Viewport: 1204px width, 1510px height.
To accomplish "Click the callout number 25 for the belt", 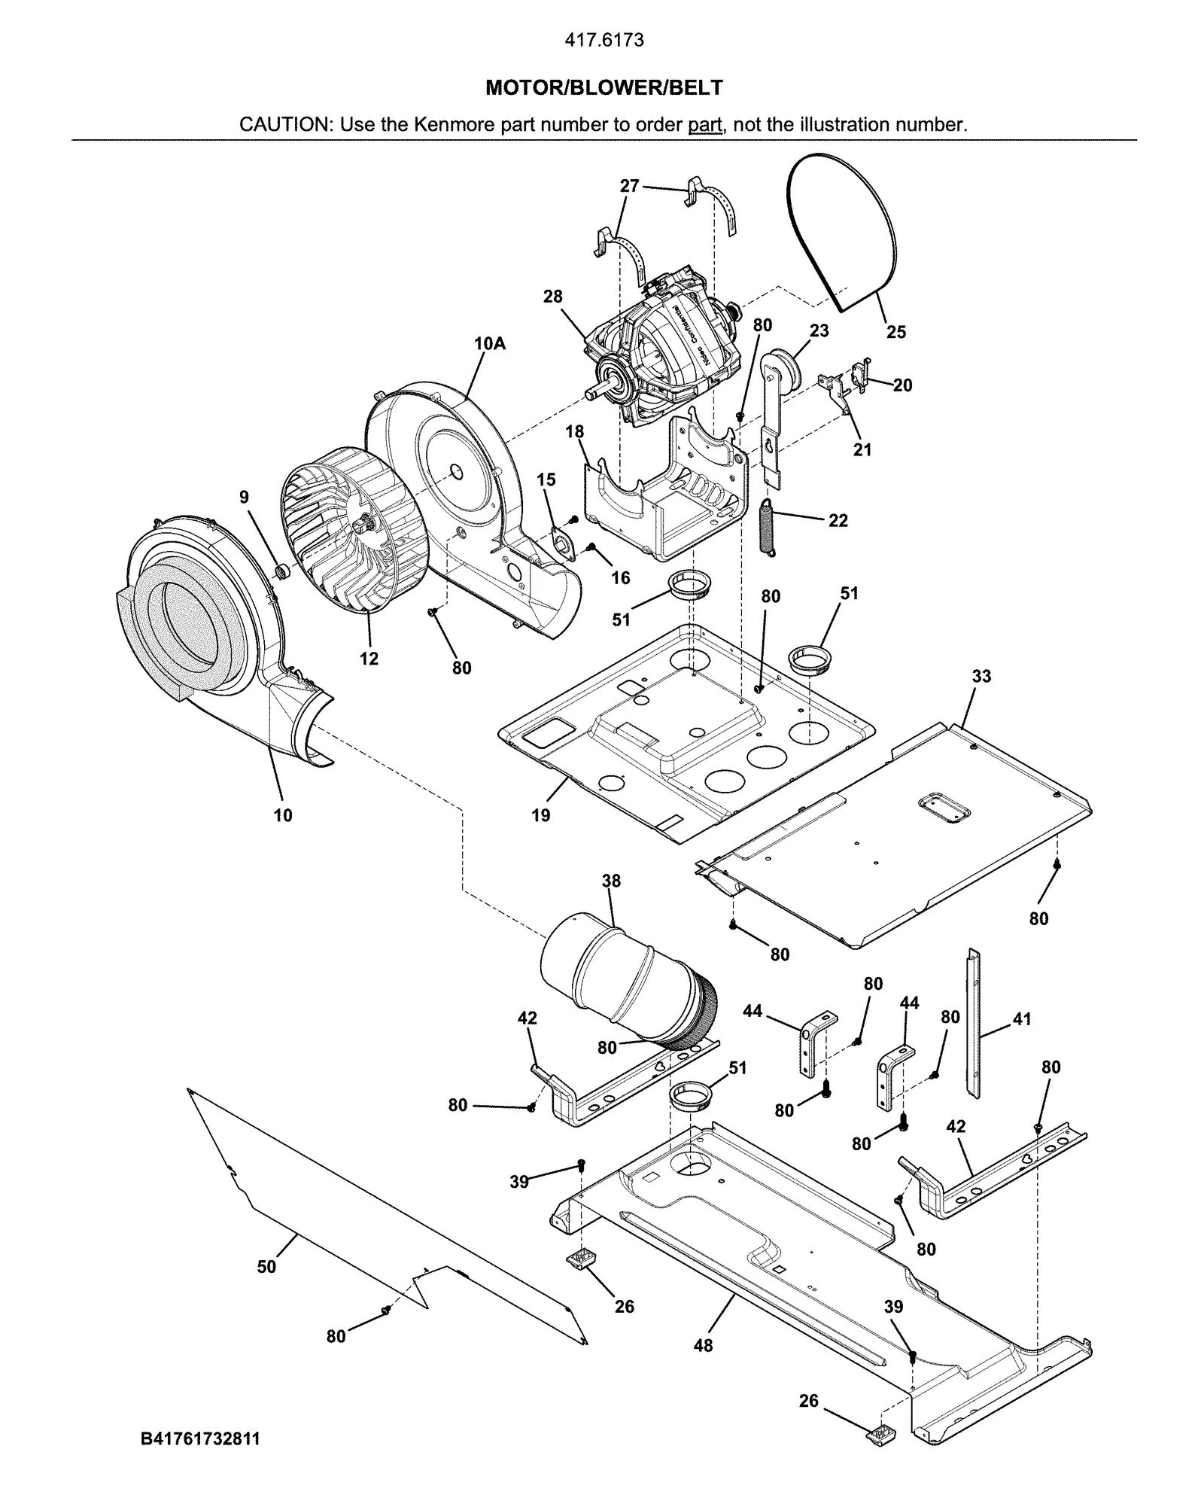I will coord(895,331).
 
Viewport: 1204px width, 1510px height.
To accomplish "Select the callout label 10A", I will coord(489,344).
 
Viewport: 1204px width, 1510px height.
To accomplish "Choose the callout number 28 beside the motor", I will coord(552,297).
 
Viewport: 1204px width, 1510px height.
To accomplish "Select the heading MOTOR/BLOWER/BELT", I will coord(604,88).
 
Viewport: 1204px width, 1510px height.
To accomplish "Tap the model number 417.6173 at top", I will coord(604,41).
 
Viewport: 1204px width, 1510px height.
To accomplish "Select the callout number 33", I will coord(981,676).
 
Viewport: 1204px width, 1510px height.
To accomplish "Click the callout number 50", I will coord(266,1267).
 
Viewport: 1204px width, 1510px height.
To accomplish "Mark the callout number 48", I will coord(703,1345).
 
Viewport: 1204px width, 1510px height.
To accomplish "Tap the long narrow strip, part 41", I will coord(974,1024).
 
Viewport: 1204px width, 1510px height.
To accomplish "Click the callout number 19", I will coord(540,814).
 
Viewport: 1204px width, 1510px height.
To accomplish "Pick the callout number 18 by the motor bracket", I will coord(574,431).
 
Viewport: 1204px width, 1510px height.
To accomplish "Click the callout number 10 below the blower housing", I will coord(283,814).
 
